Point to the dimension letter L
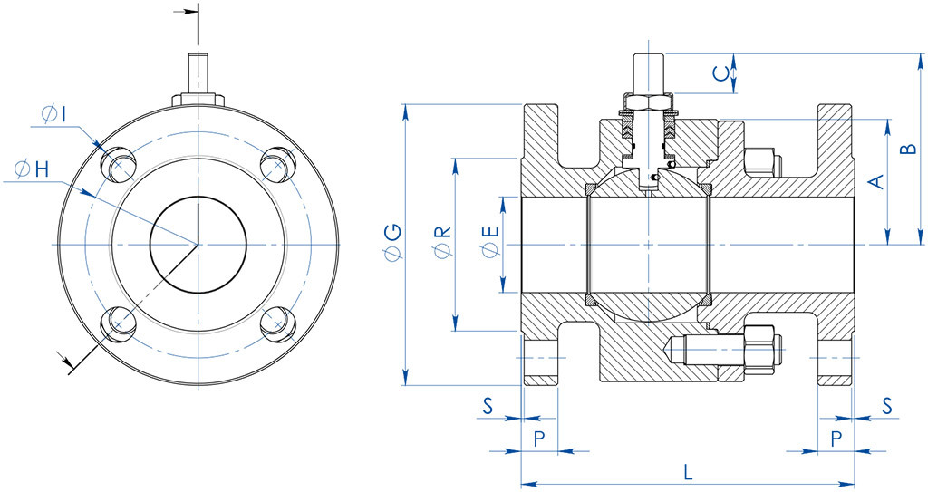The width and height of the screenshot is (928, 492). click(x=688, y=471)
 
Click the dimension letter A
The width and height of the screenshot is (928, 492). click(x=875, y=182)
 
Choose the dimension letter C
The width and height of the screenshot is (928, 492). click(x=719, y=74)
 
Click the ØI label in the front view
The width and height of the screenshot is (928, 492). click(x=53, y=113)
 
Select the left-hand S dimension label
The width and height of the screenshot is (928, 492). click(x=488, y=405)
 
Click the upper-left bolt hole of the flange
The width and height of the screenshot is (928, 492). click(x=118, y=165)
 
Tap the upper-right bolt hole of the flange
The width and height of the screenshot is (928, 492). click(x=276, y=165)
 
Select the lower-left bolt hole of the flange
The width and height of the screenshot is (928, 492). click(x=118, y=323)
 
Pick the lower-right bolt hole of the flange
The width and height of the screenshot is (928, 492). click(x=276, y=323)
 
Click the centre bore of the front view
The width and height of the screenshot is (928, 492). click(x=198, y=245)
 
